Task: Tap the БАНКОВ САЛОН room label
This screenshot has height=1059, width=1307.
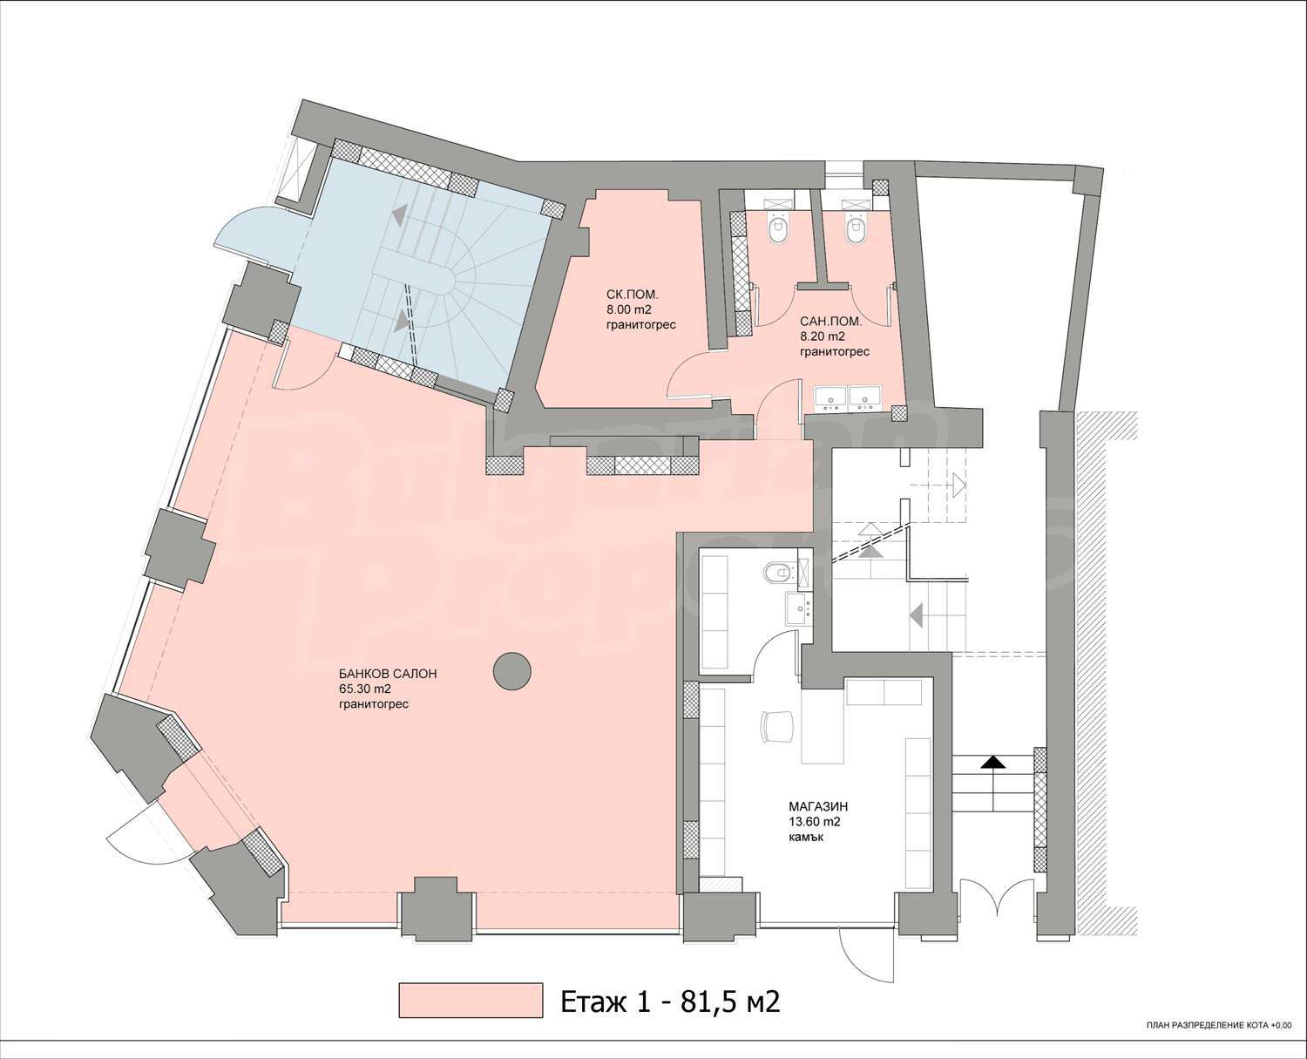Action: tap(388, 674)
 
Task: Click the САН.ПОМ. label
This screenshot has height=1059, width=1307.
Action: tap(830, 321)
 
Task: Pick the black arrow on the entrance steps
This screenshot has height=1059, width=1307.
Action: tap(993, 764)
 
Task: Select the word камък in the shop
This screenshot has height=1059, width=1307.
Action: tap(806, 837)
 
